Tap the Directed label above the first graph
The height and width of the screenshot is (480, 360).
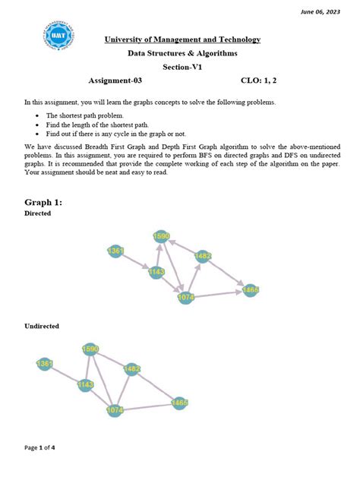tap(38, 214)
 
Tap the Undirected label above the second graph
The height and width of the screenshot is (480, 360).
tap(42, 326)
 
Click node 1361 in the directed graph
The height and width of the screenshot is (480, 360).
tap(115, 250)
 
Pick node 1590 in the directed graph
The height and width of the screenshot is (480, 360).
tap(161, 236)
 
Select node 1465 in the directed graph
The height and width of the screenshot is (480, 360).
tap(251, 289)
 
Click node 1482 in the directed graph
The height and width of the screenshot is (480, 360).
tap(202, 257)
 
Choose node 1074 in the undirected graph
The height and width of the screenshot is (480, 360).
tap(115, 411)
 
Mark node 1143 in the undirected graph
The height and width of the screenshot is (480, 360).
tap(85, 386)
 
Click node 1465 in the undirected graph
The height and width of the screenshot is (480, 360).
tap(180, 403)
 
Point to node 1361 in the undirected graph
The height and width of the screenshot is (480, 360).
tap(45, 365)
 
